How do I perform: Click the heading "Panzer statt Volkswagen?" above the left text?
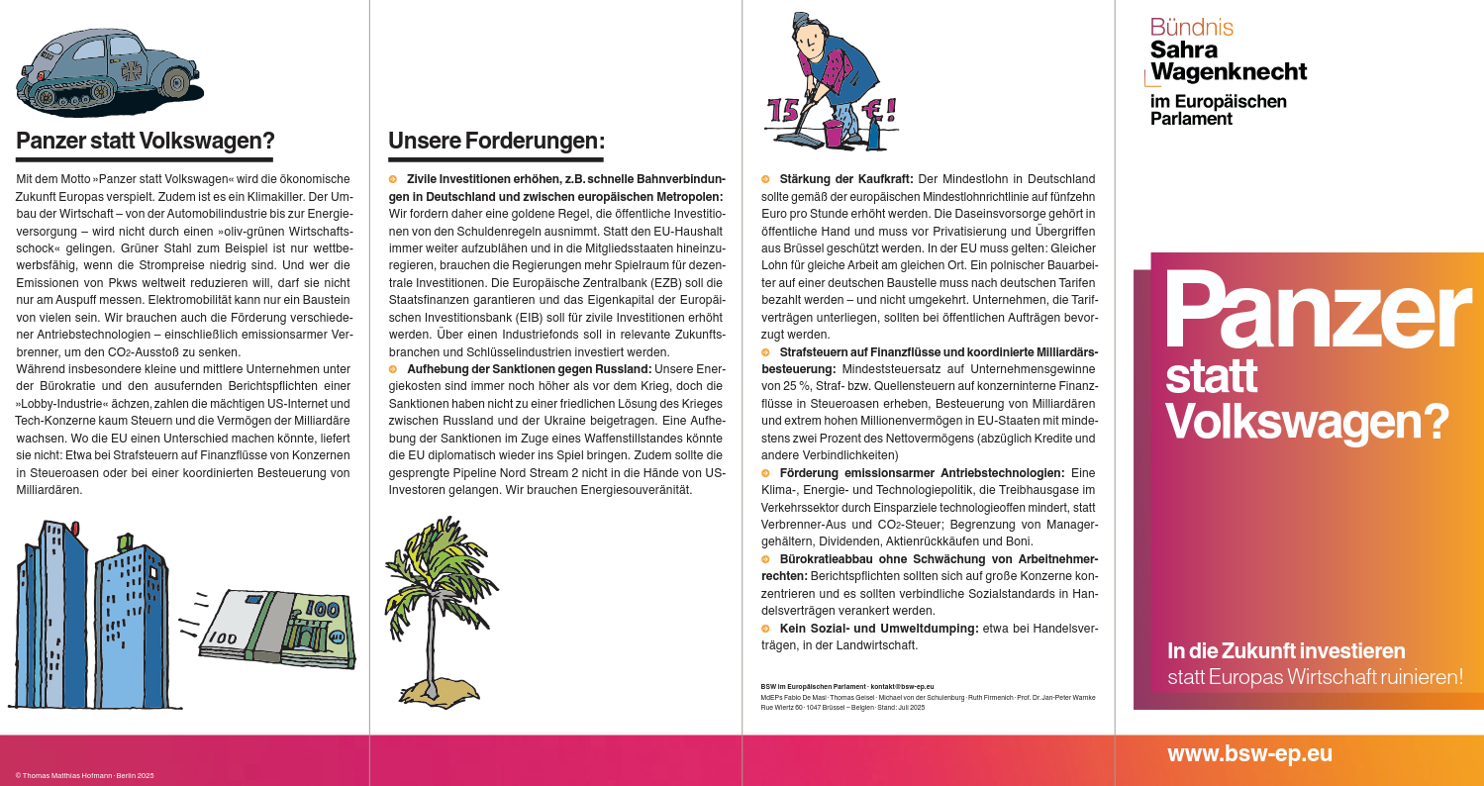click(146, 141)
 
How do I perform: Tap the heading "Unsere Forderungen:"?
click(496, 141)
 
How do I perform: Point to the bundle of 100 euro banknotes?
click(279, 628)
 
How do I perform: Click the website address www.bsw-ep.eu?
click(1249, 753)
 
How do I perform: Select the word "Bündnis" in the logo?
click(1192, 28)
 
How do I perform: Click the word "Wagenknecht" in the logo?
click(1229, 71)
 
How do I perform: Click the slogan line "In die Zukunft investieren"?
click(1286, 651)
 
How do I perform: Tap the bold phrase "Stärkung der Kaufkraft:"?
click(846, 179)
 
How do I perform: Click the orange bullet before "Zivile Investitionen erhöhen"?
click(393, 179)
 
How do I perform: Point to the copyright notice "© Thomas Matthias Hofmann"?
click(84, 775)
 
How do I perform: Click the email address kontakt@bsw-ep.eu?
click(902, 686)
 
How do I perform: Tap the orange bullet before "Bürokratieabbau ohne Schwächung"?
click(765, 559)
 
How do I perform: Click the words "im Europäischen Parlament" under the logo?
click(1218, 110)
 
